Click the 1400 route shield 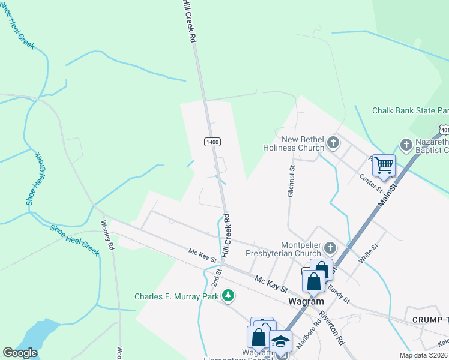point(212,142)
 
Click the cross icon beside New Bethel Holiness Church point(334,144)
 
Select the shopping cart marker point(384,164)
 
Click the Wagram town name point(306,301)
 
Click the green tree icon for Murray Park point(228,295)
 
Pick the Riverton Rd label point(331,328)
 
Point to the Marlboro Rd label point(313,331)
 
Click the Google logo point(20,353)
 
